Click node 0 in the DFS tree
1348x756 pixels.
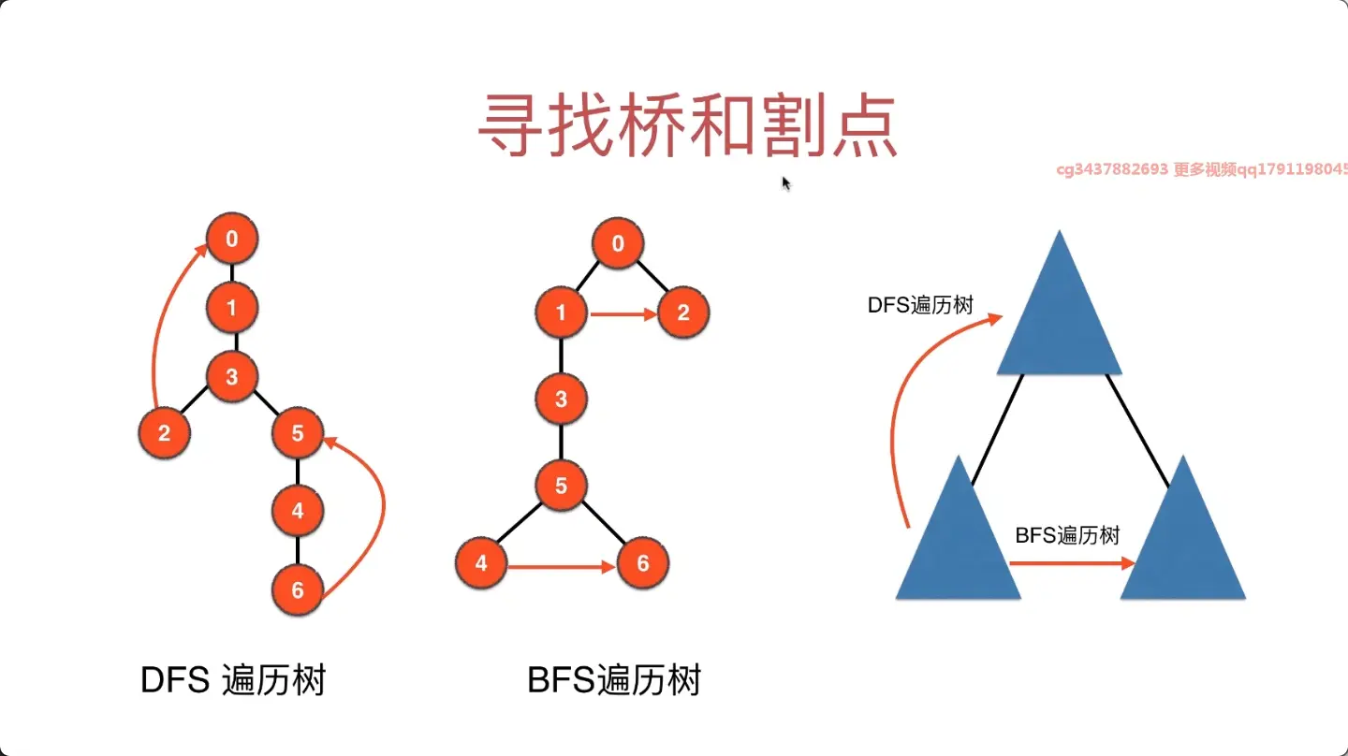(231, 240)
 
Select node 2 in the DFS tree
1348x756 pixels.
(165, 433)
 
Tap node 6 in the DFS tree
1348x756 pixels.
(298, 589)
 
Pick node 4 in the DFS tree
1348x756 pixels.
(298, 511)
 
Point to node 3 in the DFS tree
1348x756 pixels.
(231, 377)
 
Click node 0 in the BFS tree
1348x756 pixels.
(618, 245)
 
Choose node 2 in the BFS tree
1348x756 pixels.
(683, 313)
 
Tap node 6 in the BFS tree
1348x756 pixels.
(642, 563)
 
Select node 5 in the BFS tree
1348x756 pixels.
(562, 486)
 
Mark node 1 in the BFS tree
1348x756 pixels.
(562, 313)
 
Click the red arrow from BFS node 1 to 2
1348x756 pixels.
(623, 314)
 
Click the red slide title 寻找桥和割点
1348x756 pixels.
(688, 127)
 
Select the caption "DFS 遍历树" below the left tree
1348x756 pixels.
(233, 680)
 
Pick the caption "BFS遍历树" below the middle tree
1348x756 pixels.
(614, 680)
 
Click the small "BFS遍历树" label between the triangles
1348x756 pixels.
(1067, 536)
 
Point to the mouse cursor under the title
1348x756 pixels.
(786, 183)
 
